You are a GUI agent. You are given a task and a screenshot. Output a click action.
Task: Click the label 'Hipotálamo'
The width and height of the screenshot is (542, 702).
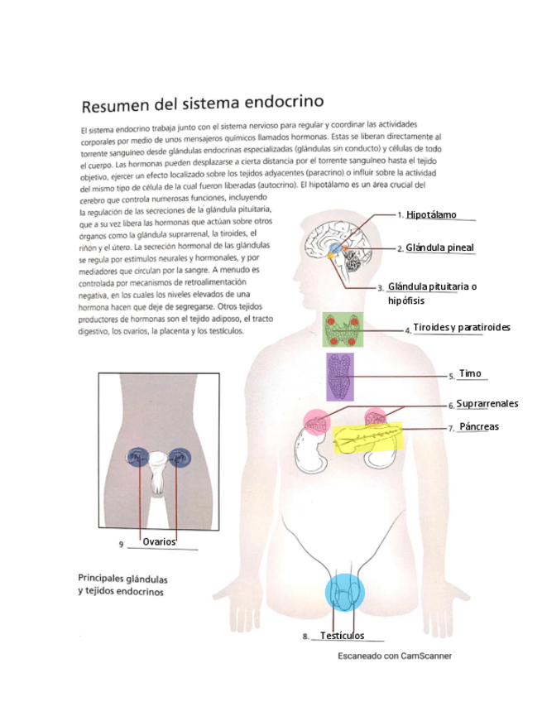pos(431,215)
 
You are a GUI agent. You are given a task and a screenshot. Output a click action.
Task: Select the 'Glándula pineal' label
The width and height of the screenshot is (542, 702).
pos(440,248)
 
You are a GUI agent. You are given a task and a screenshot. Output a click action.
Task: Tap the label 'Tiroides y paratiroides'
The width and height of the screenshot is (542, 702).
pos(462,328)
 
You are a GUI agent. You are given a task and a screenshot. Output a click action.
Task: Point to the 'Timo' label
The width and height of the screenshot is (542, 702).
pos(469,374)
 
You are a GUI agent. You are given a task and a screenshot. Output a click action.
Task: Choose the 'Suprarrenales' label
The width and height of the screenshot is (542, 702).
pos(487,404)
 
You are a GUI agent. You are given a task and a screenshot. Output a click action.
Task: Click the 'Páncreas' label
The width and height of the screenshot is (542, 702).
pos(479,427)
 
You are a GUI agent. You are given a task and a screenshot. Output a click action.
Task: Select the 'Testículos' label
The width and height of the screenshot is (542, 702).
pos(342,636)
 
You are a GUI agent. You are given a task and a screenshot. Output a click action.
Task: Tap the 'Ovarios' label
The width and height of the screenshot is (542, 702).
pos(159,541)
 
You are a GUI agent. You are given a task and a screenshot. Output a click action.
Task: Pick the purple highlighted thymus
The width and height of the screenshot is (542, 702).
pos(340,377)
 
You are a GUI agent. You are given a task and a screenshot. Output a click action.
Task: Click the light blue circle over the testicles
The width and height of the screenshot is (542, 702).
pos(344,591)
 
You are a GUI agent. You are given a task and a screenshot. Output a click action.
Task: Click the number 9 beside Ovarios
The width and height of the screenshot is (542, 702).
pos(121,545)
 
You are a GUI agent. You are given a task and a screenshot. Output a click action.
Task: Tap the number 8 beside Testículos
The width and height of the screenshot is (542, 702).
pos(305,637)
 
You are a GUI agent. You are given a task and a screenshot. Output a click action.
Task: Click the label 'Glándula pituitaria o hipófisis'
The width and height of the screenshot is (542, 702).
pos(432,293)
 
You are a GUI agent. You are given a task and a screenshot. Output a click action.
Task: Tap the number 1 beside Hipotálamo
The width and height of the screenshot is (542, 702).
pos(400,215)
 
